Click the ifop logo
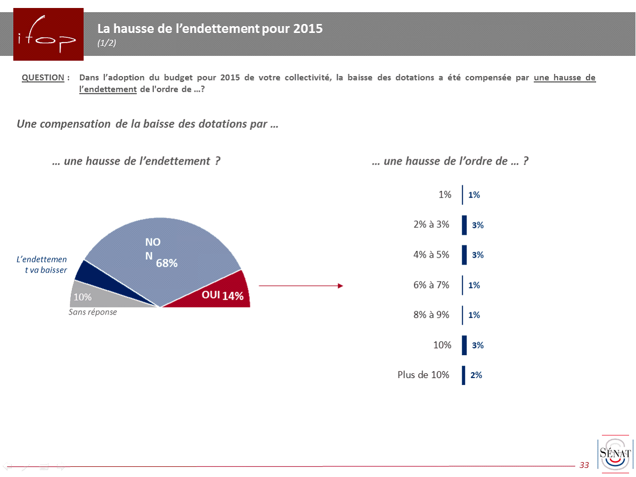[x=48, y=34]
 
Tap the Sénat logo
[x=616, y=454]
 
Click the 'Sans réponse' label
[x=93, y=312]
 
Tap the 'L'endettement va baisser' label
[x=42, y=265]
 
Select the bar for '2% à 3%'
[x=464, y=225]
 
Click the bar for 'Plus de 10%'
[x=464, y=375]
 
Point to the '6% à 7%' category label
[x=431, y=285]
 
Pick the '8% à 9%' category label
[x=431, y=315]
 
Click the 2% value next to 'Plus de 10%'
[x=476, y=375]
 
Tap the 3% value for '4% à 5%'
[x=477, y=255]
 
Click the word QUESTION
[x=43, y=78]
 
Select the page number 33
[x=584, y=465]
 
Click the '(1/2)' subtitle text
[x=107, y=44]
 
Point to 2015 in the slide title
[x=308, y=29]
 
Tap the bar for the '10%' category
[x=464, y=345]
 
